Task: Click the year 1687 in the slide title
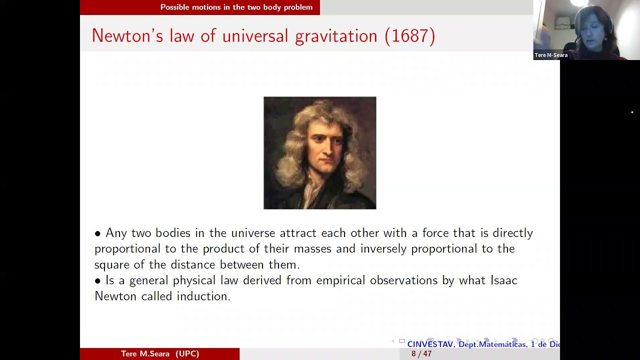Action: (410, 36)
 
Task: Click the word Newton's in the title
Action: (127, 36)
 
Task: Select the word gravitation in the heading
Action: (336, 37)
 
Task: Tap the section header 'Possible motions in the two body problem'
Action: (236, 7)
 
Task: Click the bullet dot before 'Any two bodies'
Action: (97, 233)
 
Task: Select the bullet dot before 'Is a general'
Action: (97, 281)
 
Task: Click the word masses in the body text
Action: (312, 249)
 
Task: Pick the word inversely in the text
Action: (383, 249)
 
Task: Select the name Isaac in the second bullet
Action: (504, 280)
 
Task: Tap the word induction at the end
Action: (203, 296)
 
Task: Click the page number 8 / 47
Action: (421, 353)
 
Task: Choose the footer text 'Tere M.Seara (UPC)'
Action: (160, 353)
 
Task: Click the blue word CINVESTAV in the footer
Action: (430, 344)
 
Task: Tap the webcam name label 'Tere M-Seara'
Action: (551, 55)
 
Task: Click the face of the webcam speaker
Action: (594, 30)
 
